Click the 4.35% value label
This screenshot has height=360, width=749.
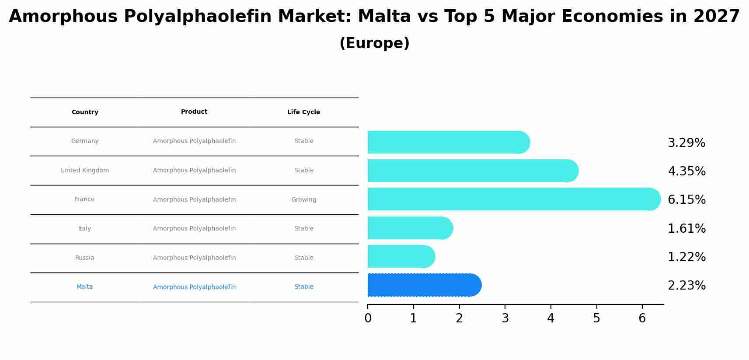(686, 171)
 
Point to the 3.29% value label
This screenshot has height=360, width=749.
(686, 143)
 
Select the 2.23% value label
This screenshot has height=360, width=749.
(686, 285)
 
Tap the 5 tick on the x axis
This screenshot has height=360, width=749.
(596, 318)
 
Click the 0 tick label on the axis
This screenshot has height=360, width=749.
(368, 318)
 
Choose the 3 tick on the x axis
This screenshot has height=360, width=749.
(505, 318)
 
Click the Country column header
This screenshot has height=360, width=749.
(85, 112)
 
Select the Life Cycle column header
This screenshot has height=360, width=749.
(303, 112)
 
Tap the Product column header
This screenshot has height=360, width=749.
(194, 112)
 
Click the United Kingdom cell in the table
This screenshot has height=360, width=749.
(85, 170)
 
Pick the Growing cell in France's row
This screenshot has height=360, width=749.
(303, 199)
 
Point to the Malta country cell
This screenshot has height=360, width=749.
(84, 287)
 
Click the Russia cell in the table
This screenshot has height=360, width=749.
(84, 258)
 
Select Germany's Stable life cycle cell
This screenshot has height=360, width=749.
(303, 141)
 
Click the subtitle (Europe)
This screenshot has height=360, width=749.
(374, 43)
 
